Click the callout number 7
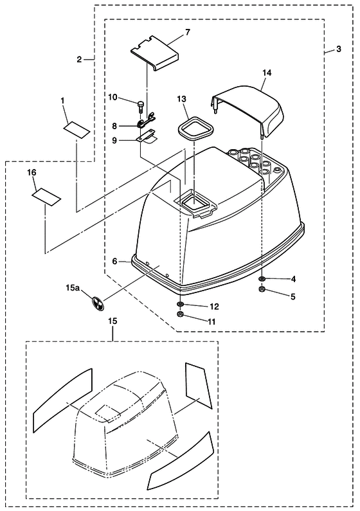tap(188, 32)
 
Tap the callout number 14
tap(267, 73)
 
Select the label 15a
tap(73, 288)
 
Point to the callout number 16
tap(32, 172)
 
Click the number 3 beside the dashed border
tap(339, 49)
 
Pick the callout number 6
tap(114, 261)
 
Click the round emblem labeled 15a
tap(98, 303)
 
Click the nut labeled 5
tap(262, 289)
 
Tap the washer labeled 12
tap(180, 305)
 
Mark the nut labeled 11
tap(179, 314)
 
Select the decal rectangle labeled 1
tap(76, 130)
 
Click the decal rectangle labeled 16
tap(46, 197)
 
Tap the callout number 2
tap(79, 60)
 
